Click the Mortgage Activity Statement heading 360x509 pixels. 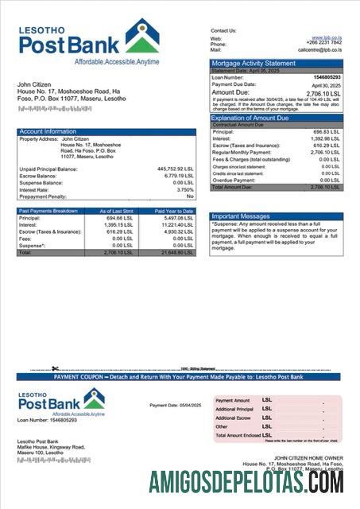[253, 64]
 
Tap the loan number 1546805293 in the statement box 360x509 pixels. [326, 77]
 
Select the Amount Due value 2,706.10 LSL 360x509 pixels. [322, 93]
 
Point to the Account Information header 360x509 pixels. [48, 131]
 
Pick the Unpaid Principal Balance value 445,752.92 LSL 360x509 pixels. [176, 169]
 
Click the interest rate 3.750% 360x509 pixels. [184, 190]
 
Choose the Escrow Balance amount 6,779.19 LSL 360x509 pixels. [178, 177]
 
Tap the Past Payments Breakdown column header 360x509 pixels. [48, 211]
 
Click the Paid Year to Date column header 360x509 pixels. [173, 211]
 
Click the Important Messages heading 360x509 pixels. [242, 216]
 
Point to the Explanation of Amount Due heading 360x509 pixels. [250, 118]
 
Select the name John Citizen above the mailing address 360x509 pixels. [36, 84]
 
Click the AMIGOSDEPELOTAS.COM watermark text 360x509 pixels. [247, 483]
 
